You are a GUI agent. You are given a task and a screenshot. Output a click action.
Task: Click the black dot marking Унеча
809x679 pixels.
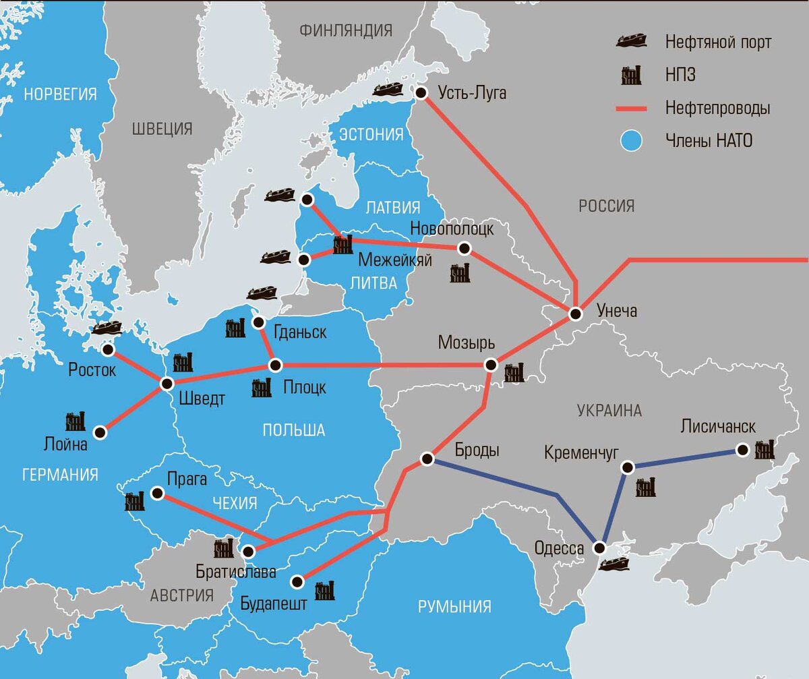coord(575,314)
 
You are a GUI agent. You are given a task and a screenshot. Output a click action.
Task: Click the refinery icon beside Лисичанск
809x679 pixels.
coord(765,450)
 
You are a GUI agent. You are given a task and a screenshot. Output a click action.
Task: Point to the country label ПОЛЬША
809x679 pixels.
coord(294,430)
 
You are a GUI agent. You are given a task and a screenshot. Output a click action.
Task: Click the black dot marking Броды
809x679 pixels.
coord(426,459)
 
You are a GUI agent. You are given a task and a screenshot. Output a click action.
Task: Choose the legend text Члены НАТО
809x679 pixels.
coord(709,141)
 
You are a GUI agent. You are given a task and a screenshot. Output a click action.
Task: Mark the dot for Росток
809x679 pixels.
coord(107,349)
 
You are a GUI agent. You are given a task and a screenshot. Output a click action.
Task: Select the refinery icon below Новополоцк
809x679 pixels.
coord(460,272)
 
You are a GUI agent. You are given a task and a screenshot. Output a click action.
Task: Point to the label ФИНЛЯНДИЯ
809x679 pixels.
coord(346,30)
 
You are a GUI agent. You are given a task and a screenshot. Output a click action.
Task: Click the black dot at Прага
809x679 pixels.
coord(157,494)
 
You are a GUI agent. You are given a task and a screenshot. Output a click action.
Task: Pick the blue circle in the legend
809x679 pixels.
coord(630,141)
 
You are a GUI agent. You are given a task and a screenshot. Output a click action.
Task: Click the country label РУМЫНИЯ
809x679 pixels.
coord(454,606)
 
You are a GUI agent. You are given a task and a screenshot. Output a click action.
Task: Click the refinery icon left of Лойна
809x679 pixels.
coord(75,421)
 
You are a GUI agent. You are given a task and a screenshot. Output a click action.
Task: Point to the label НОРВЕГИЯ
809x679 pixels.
coord(60,94)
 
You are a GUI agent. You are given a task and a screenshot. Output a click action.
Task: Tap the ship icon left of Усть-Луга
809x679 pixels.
coord(388,89)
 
